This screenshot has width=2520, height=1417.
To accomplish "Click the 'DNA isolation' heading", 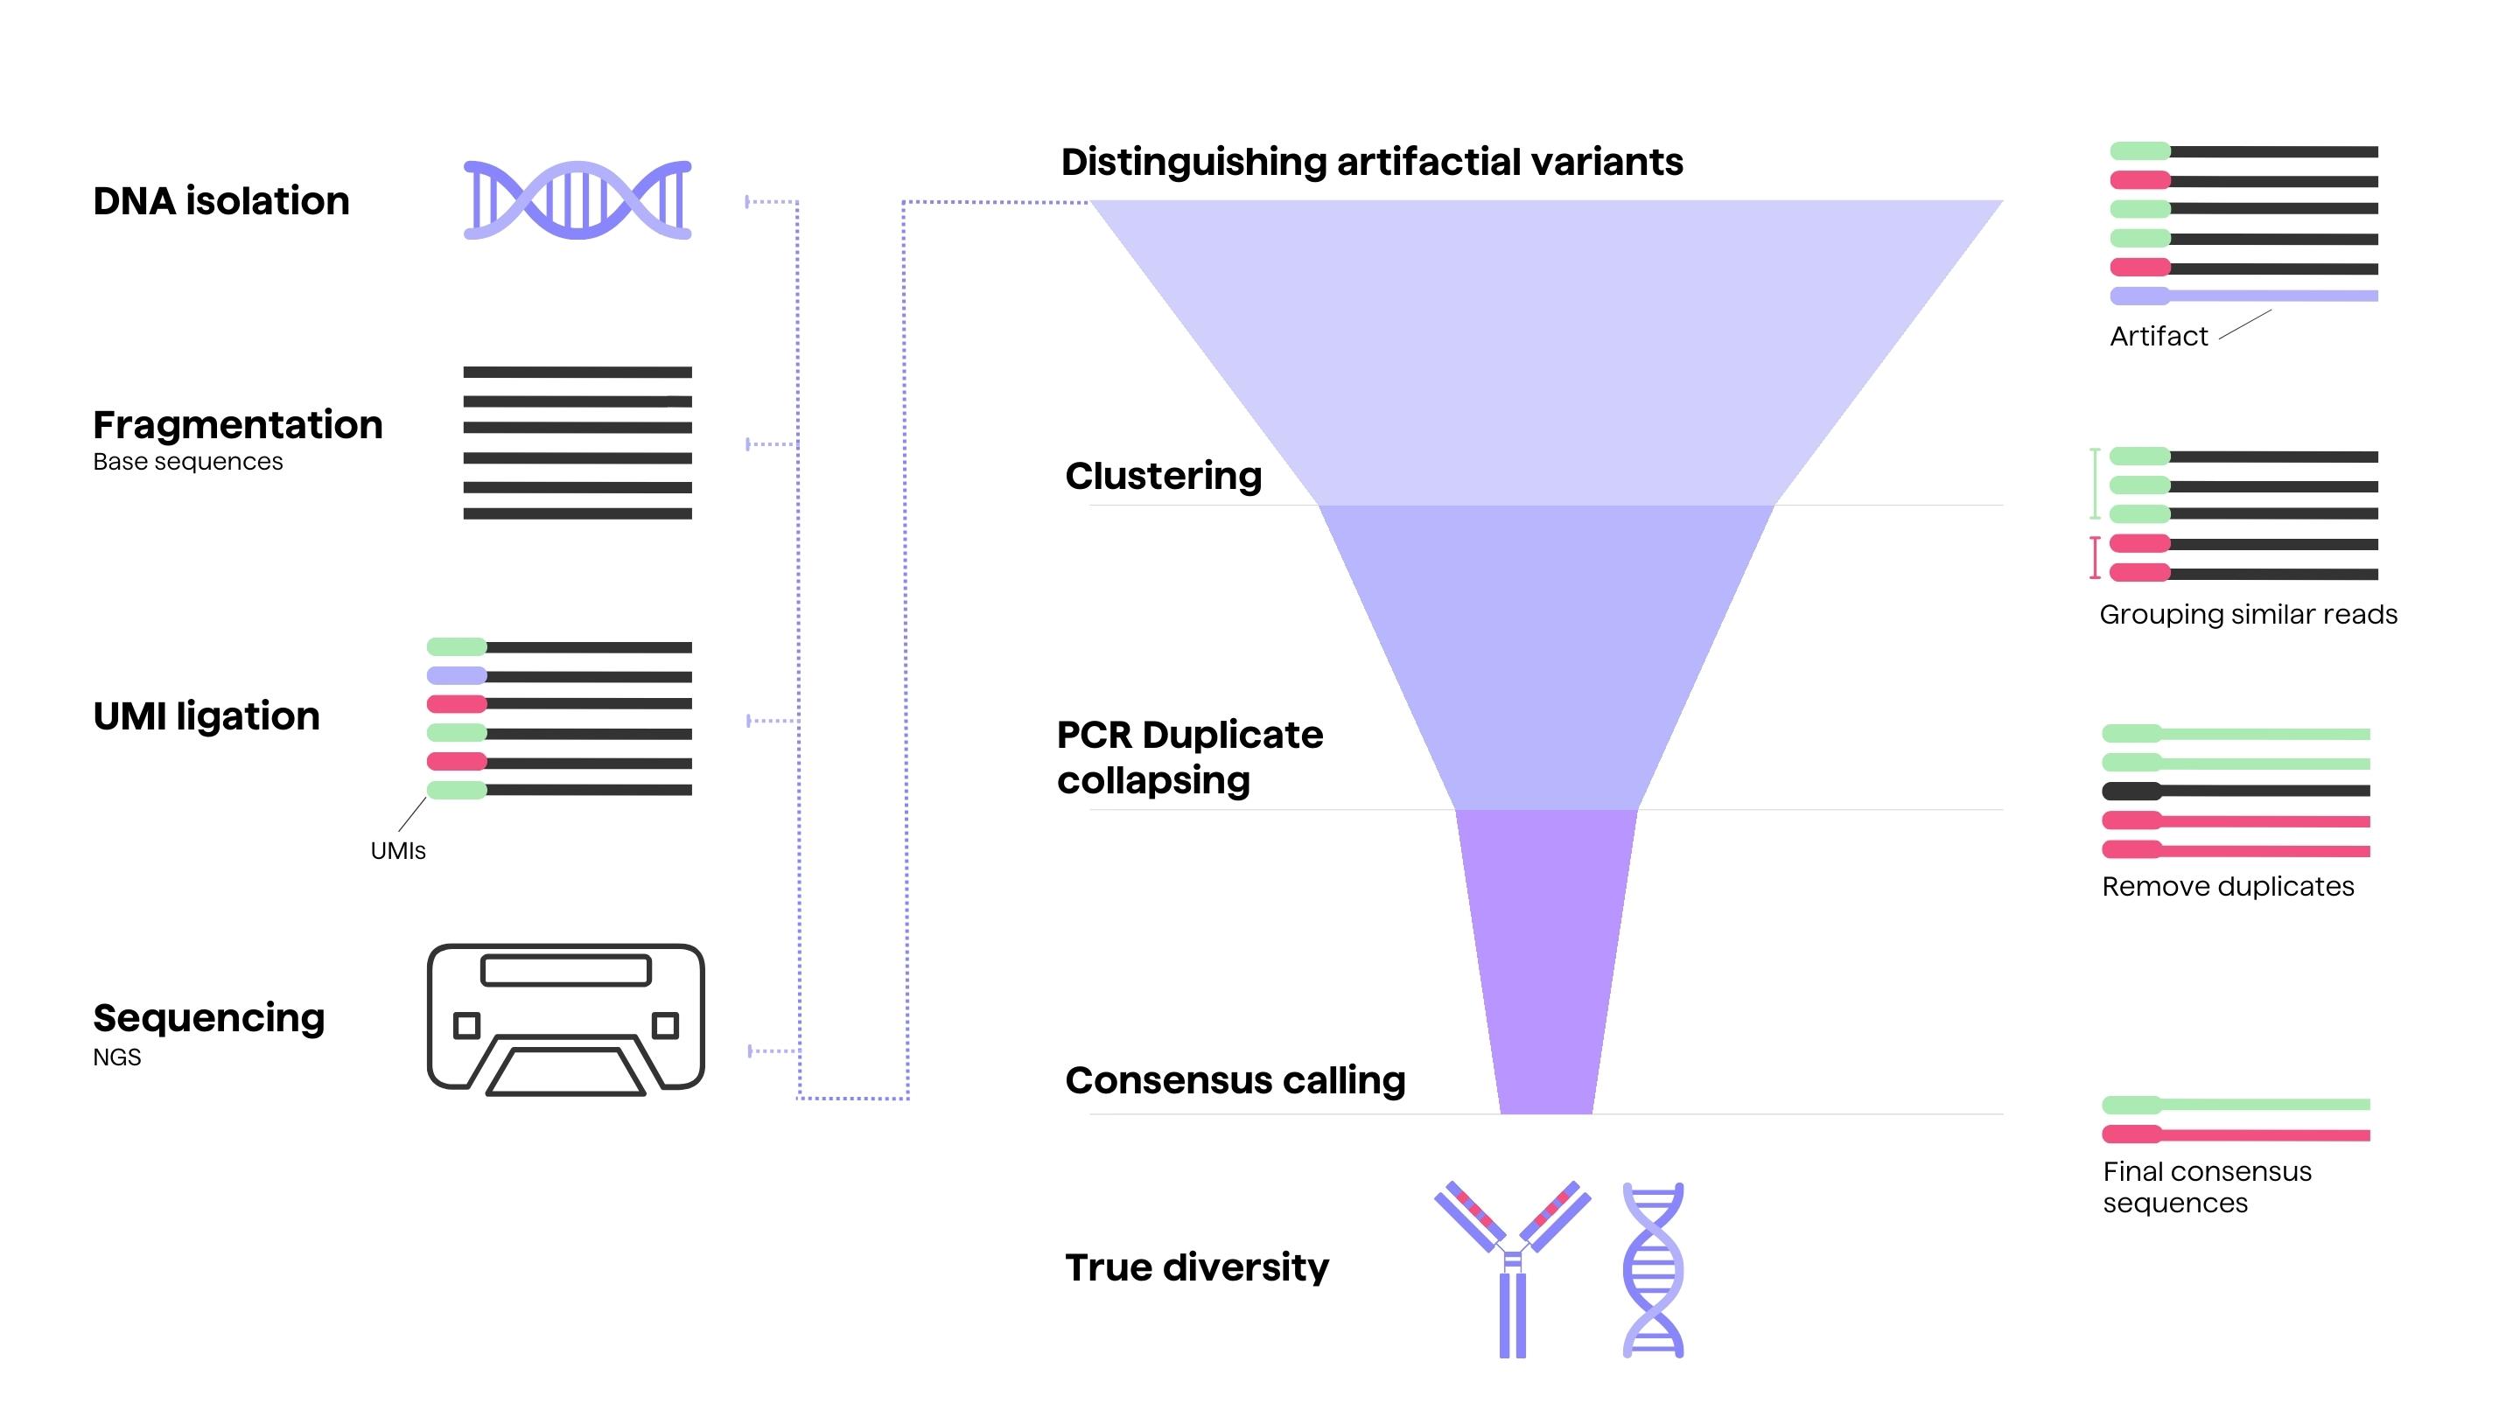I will [221, 201].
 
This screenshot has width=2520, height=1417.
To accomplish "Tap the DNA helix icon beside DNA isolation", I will [577, 200].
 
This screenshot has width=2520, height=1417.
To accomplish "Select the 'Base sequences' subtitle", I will [188, 462].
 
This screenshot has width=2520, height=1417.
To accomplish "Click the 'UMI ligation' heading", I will [206, 715].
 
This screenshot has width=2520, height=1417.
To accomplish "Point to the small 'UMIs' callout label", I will [398, 851].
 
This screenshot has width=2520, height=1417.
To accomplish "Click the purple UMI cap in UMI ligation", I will [457, 674].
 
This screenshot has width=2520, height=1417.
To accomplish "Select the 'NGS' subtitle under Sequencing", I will [117, 1058].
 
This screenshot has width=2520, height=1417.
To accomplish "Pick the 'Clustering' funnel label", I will [1163, 476].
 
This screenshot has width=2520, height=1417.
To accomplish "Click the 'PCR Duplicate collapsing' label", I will [1190, 757].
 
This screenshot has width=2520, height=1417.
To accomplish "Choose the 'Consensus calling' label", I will [1235, 1080].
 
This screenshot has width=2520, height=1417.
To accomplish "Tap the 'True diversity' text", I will [1196, 1267].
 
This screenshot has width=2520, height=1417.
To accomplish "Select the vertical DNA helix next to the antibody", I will [1653, 1270].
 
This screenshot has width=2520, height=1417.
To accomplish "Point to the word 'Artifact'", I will [2158, 337].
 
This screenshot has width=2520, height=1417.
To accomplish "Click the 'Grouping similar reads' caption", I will [2248, 614].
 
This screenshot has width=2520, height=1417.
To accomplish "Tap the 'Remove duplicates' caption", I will [2228, 886].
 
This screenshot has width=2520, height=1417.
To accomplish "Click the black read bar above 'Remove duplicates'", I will [2236, 791].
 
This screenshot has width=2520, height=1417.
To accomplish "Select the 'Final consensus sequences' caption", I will [2207, 1187].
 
